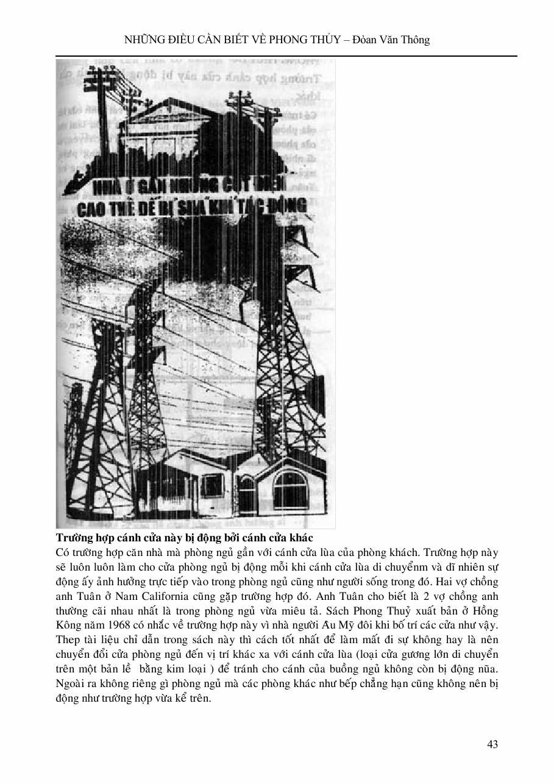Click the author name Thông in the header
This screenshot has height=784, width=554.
pos(416,40)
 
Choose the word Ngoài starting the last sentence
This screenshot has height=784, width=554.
pos(70,684)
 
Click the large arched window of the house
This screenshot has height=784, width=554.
pos(290,490)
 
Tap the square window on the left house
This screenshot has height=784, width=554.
pos(211,485)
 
